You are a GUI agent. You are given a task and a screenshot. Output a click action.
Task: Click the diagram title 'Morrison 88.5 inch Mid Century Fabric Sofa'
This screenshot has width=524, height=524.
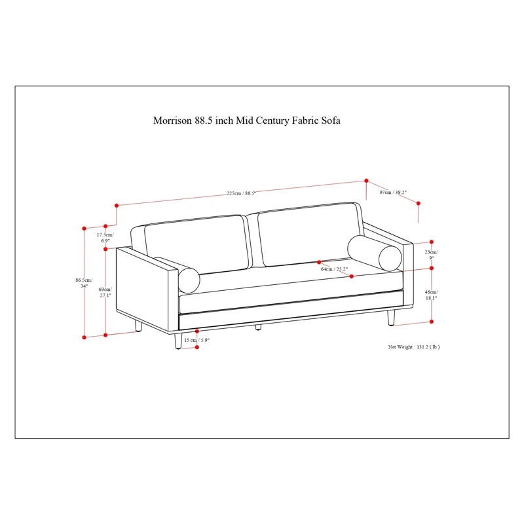pos(247,121)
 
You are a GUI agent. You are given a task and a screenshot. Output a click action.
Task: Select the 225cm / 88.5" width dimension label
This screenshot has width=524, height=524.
pos(242,193)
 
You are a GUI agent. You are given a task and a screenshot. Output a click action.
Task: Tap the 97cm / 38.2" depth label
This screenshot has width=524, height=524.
pos(393,192)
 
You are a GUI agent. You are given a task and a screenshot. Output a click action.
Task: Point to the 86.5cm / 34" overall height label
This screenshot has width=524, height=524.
pos(84,283)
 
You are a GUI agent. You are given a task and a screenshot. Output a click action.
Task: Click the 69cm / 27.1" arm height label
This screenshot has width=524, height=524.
pos(105,292)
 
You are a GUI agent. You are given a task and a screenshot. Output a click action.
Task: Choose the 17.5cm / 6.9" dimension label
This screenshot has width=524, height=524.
pos(105,238)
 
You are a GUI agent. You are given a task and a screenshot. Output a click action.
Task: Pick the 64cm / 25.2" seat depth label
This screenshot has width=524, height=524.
pos(334,269)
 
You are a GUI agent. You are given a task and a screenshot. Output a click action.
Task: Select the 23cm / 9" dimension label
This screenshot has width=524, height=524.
pos(432,255)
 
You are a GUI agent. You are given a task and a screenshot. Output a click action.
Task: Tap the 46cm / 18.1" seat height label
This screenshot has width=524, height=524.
pos(432,295)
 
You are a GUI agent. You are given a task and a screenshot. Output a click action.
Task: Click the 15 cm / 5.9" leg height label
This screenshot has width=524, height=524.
pos(197,340)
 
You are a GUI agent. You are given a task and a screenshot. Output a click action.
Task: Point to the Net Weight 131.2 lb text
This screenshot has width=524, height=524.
pos(414,347)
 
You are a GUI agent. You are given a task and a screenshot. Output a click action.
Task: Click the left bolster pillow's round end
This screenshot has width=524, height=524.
pos(189,280)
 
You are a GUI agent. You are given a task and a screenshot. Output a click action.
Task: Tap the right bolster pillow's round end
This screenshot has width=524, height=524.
pos(390,258)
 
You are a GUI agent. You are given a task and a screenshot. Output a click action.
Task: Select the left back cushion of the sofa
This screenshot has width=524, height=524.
pos(197,244)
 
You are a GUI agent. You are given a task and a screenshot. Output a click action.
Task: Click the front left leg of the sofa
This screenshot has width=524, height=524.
pos(178,341)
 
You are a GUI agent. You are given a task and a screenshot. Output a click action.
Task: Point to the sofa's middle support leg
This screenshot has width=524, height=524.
pos(258,327)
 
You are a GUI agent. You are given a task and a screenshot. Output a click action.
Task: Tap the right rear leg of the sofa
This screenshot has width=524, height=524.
pos(391,318)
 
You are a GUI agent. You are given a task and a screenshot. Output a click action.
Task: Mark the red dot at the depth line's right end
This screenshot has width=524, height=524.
pos(418,203)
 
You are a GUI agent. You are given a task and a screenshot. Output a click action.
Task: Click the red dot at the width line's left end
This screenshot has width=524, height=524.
pos(117,206)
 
